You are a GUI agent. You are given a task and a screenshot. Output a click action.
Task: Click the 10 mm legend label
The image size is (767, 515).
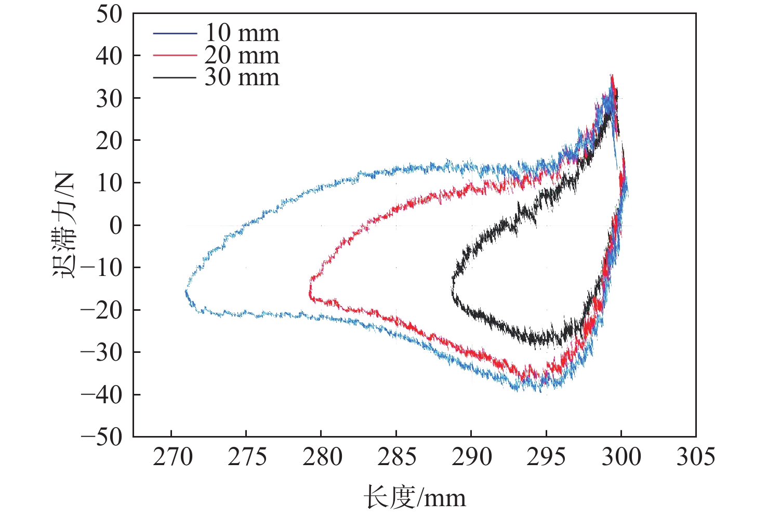[242, 33]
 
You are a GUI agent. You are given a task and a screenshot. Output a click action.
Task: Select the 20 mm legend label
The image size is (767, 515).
[242, 55]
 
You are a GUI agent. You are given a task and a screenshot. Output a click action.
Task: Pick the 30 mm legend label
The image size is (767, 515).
[242, 77]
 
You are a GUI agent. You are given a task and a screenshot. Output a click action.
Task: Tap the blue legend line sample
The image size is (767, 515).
[175, 34]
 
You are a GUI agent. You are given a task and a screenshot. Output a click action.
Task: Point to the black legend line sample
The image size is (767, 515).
[175, 78]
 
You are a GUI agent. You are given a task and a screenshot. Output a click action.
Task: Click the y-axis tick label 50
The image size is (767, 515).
[109, 14]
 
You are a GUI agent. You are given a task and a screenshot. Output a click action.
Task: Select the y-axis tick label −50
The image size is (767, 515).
[102, 437]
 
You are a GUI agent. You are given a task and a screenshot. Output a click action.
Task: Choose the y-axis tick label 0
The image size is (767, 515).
[116, 226]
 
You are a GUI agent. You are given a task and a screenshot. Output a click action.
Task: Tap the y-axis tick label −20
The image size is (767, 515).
[102, 310]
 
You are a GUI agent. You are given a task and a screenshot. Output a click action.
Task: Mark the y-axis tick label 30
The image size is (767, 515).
[109, 99]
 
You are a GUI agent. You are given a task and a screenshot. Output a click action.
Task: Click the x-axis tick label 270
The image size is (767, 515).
[172, 457]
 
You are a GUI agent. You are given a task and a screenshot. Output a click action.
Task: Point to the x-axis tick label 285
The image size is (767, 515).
[396, 457]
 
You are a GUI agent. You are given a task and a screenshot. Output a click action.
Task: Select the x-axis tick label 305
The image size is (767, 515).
[695, 457]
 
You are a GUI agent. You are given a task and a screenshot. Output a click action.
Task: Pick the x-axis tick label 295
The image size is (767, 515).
[546, 457]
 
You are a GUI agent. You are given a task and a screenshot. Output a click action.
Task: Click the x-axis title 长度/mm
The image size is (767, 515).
[414, 497]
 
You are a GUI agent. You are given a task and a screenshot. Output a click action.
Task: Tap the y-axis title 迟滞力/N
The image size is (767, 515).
[64, 225]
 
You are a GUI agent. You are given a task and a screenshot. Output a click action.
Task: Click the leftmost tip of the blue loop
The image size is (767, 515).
[186, 291]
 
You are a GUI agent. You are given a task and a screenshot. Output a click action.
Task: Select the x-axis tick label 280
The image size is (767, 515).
[322, 457]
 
